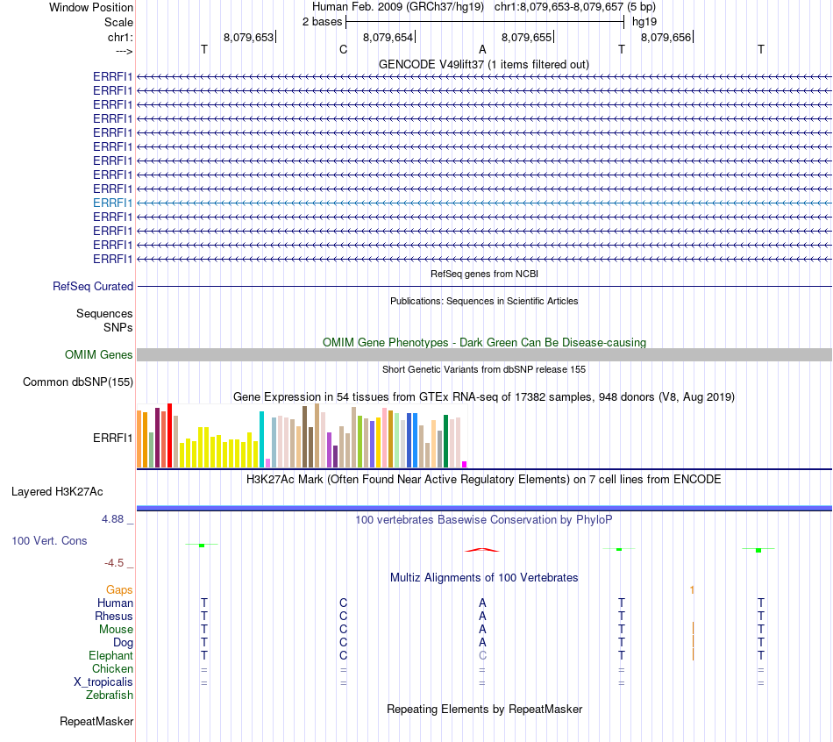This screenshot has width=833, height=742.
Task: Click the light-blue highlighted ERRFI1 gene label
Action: click(x=113, y=203)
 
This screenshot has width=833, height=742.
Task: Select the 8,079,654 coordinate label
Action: click(x=388, y=38)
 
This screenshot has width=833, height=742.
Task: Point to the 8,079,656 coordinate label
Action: click(x=666, y=38)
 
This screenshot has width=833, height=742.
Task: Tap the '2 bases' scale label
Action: click(x=323, y=21)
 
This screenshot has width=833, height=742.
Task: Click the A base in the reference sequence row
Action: click(x=482, y=50)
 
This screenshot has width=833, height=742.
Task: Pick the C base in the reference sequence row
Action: click(x=344, y=50)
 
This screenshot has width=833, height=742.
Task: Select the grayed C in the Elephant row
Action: click(x=482, y=655)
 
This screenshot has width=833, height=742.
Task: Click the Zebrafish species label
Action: click(x=110, y=696)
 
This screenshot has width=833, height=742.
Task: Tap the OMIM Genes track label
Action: click(x=99, y=355)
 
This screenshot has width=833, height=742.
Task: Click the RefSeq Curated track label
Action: click(x=93, y=287)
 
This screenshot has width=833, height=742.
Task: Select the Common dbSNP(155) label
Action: click(x=78, y=382)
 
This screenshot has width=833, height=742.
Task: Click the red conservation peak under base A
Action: click(x=482, y=550)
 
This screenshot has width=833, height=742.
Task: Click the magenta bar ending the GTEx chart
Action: click(x=465, y=464)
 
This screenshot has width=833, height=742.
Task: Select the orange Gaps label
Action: click(x=119, y=590)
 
